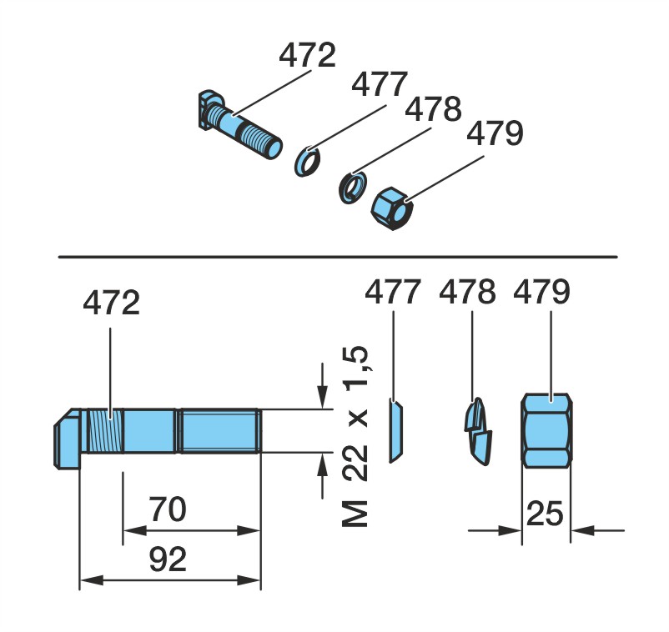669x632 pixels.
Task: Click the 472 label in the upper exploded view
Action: point(307,55)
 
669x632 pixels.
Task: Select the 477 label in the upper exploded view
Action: point(380,84)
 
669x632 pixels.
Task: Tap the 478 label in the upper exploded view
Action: point(433,109)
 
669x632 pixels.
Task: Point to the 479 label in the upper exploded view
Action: point(495,133)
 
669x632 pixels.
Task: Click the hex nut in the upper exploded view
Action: point(392,208)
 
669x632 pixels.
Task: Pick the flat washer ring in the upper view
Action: point(307,161)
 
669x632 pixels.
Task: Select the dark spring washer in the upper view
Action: point(352,188)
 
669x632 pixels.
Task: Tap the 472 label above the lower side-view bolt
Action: point(111,303)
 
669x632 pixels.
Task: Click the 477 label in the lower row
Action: point(393,292)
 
